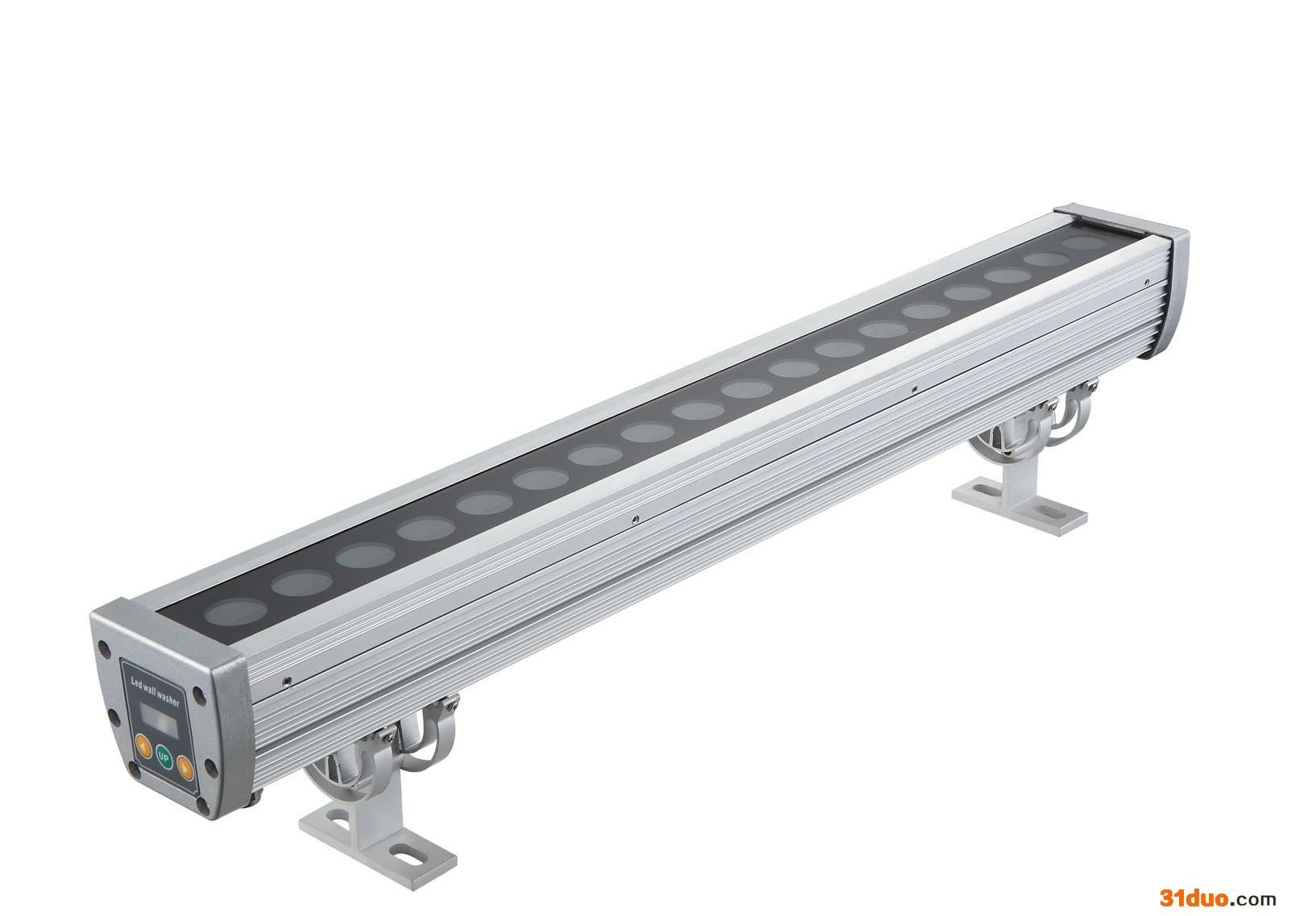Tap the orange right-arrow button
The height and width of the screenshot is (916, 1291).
point(184,768)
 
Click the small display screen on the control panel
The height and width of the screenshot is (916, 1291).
point(159,719)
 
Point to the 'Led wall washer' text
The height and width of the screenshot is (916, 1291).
point(155,692)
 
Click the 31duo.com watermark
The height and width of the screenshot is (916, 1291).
point(1218,897)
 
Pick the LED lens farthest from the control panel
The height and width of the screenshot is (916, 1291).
point(1085,242)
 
